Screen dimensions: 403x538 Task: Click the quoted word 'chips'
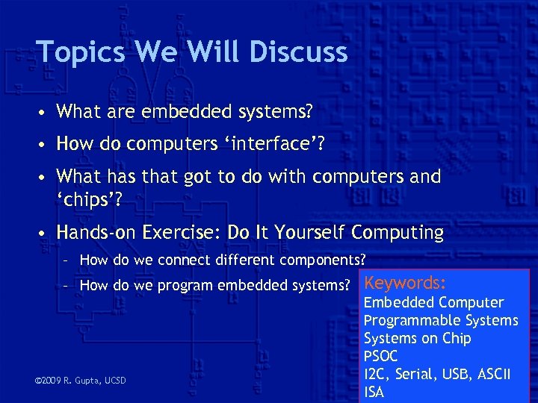tap(90, 200)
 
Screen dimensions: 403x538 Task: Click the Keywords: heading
tap(405, 283)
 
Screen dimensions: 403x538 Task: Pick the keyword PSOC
tap(380, 356)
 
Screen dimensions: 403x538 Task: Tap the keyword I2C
tap(377, 374)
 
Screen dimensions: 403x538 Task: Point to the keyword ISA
tap(374, 392)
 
